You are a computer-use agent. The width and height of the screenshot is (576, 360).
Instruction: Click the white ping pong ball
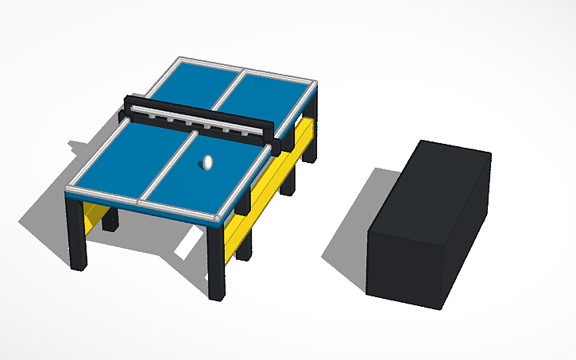pyautogui.click(x=207, y=163)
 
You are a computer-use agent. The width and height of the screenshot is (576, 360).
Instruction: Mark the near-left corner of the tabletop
pyautogui.click(x=67, y=191)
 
